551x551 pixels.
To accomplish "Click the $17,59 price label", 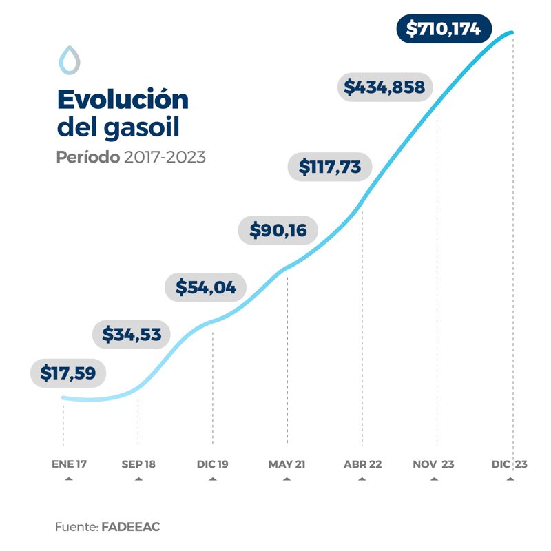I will coord(67,373).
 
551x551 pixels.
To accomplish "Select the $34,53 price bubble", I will coord(131,335).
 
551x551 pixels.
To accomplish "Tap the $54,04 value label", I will coord(205,287).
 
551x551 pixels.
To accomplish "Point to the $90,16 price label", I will coord(278,229).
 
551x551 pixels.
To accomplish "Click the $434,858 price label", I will coord(384,87).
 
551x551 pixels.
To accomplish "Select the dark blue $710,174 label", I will coord(444,29).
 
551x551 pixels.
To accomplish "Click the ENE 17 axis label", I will coord(69,464).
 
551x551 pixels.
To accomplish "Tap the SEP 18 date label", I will coord(138,464).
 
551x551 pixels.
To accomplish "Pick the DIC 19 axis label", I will coord(212,464).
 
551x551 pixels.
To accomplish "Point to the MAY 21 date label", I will coord(287,464).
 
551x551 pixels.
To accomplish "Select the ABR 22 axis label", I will coord(362,464).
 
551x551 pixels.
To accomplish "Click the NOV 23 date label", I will coord(434,464).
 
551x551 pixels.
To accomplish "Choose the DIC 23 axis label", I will coord(510,464).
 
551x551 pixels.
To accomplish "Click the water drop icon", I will coord(69,60).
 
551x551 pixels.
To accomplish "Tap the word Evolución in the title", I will coord(122,100).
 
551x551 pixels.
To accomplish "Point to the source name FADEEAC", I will coord(131,526).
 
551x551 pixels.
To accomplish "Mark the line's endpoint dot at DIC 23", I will coord(512,32).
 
